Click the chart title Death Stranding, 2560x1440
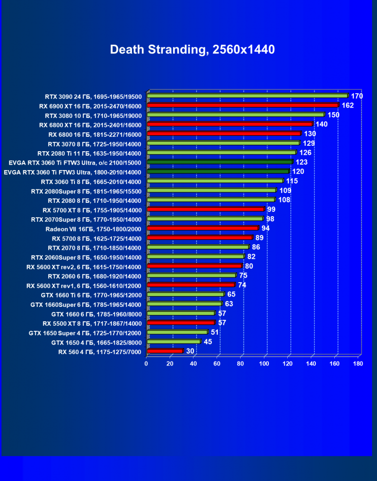coord(192,50)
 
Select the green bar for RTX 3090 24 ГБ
coord(247,96)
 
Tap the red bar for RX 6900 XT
coord(243,106)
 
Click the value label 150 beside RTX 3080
coord(333,115)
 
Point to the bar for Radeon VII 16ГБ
coord(202,229)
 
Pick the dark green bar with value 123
coord(220,162)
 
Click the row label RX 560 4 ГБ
coord(100,352)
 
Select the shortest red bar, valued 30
coord(165,351)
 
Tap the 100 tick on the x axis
coord(264,364)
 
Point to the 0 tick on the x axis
coord(146,364)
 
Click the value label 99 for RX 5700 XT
coord(271,210)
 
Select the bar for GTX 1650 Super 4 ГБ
coord(177,332)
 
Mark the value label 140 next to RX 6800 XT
coord(321,124)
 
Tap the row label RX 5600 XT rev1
coord(84,286)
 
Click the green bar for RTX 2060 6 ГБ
coord(191,276)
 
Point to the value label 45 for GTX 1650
coord(207,342)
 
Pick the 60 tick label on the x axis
coord(217,364)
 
